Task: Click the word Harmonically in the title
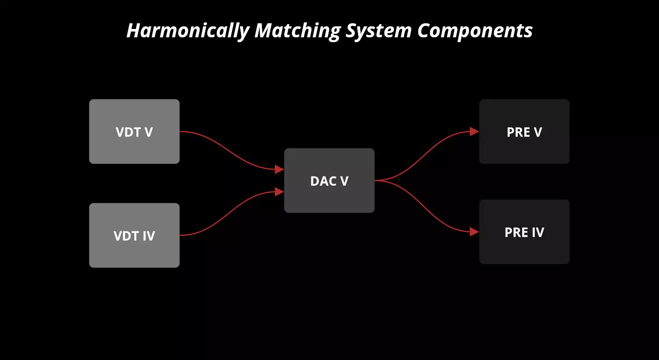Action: tap(188, 31)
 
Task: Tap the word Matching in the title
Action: tap(297, 31)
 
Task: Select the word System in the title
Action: tap(378, 31)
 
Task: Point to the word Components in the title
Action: tap(475, 31)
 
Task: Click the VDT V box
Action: tap(134, 131)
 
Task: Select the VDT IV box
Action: tap(134, 235)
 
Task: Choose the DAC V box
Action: tap(329, 180)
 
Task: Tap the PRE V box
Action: tap(524, 131)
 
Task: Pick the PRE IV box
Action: tap(524, 232)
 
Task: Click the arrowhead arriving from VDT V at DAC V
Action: tap(279, 169)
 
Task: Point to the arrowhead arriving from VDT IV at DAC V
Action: tap(279, 191)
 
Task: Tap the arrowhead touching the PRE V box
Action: tap(474, 131)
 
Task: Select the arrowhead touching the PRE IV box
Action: tap(474, 232)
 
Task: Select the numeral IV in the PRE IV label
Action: tap(538, 232)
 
